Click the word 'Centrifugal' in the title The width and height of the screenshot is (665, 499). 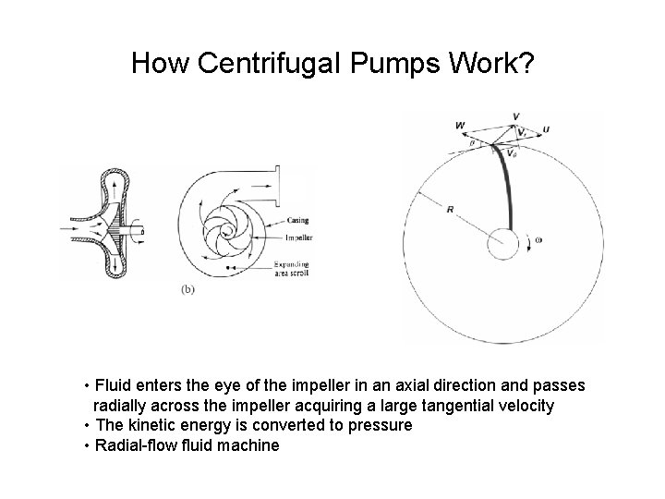coord(270,63)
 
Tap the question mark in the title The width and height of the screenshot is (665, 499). coord(526,63)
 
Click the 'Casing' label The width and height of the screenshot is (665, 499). coord(298,219)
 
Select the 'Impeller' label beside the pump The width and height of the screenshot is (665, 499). coord(299,237)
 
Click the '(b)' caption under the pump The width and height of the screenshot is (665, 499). coord(187,288)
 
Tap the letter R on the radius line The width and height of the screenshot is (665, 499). coord(450,211)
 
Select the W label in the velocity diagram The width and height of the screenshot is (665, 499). coord(460,126)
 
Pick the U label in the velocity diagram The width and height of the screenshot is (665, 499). coord(546,129)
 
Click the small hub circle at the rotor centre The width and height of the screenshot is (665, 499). coord(503,244)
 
